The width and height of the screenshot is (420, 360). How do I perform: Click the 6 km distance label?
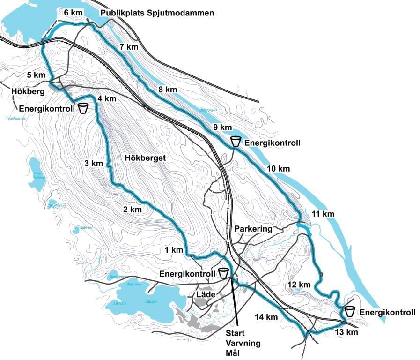[x=73, y=13]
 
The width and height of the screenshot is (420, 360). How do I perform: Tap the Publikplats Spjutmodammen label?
[x=157, y=13]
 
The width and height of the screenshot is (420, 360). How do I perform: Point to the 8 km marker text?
[x=168, y=90]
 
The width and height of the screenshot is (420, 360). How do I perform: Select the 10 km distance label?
[x=278, y=169]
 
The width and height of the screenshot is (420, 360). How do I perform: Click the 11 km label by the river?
[x=323, y=214]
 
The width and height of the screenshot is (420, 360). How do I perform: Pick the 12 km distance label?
[x=298, y=285]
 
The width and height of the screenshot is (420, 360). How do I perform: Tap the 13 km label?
[x=346, y=332]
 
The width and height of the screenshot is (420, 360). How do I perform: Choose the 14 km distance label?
[x=266, y=317]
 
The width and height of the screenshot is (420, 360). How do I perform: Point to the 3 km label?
[x=93, y=163]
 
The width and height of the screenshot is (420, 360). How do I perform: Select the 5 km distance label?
[x=36, y=75]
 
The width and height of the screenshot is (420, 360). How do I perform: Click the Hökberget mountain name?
[x=146, y=158]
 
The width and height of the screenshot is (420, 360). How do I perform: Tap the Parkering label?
[x=253, y=229]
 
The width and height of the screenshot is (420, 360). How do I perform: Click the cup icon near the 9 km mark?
[x=236, y=141]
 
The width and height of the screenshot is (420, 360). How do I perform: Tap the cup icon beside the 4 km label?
[x=83, y=108]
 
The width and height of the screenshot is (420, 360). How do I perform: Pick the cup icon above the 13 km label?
[x=349, y=311]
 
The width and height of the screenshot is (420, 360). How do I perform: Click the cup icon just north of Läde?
[x=224, y=272]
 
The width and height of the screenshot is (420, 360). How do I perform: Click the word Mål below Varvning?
[x=233, y=352]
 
